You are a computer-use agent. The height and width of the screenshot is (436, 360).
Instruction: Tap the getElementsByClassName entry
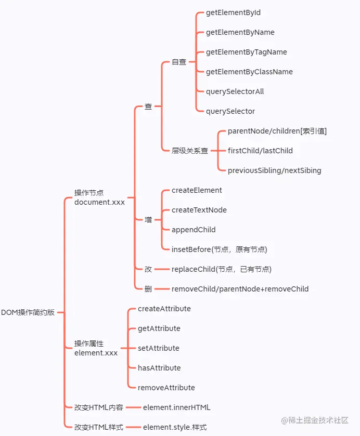pyautogui.click(x=249, y=72)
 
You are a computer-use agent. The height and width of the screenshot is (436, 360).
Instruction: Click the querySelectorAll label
pyautogui.click(x=235, y=91)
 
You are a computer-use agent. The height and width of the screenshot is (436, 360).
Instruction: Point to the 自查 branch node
pyautogui.click(x=179, y=62)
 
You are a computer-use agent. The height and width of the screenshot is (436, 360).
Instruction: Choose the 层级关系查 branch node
pyautogui.click(x=190, y=151)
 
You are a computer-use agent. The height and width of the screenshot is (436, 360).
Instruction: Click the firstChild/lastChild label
pyautogui.click(x=260, y=151)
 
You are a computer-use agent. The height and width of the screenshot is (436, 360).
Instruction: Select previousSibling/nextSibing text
pyautogui.click(x=274, y=170)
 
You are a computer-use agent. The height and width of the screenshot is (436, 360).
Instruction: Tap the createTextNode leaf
pyautogui.click(x=199, y=210)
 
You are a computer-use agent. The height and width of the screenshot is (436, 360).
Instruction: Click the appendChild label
pyautogui.click(x=194, y=230)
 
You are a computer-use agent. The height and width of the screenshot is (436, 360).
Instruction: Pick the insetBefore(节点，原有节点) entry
pyautogui.click(x=219, y=249)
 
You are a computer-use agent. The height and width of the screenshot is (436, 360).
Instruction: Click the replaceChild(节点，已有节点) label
pyautogui.click(x=221, y=269)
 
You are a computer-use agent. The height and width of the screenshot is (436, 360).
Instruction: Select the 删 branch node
pyautogui.click(x=148, y=289)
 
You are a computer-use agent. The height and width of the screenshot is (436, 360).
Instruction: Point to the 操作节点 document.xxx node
pyautogui.click(x=99, y=197)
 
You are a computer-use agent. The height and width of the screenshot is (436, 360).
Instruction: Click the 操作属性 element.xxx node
pyautogui.click(x=96, y=348)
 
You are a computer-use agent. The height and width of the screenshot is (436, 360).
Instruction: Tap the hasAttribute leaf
pyautogui.click(x=159, y=368)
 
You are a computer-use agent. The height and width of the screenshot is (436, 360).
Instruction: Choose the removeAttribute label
pyautogui.click(x=166, y=388)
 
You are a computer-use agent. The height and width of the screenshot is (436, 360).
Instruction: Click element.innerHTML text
pyautogui.click(x=176, y=407)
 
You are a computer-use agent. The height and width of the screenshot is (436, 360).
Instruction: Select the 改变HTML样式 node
pyautogui.click(x=98, y=427)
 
